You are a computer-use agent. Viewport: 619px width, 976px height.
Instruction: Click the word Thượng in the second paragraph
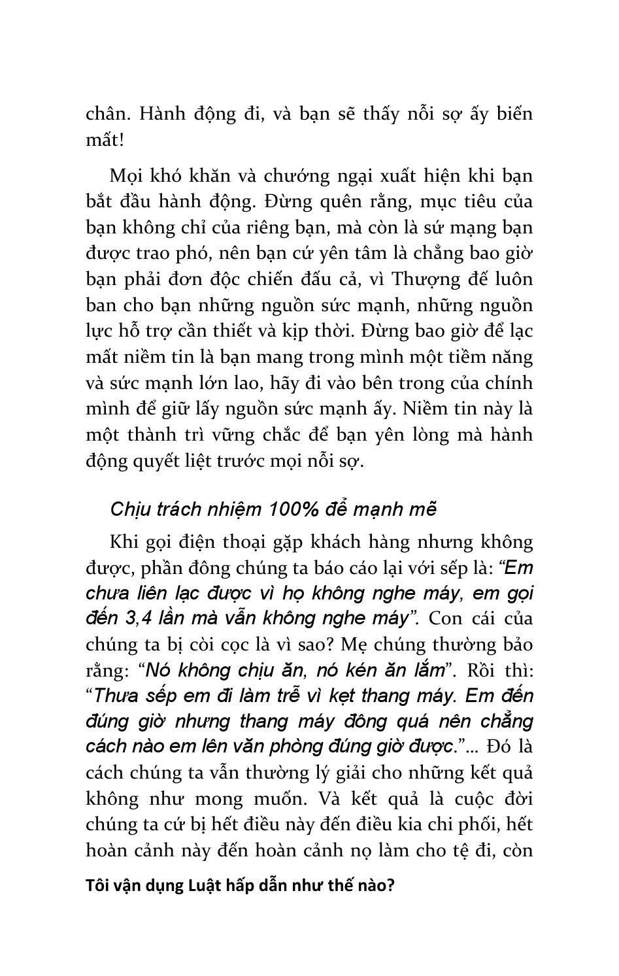[418, 280]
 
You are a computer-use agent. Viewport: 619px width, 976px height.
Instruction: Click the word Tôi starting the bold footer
[97, 886]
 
